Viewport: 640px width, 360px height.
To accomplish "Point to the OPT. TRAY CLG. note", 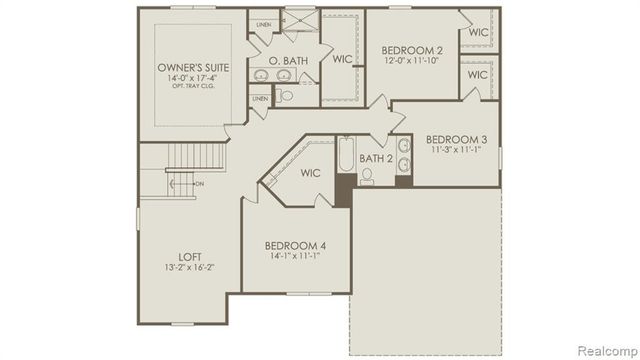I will (194, 87).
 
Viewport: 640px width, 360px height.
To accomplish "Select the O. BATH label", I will (289, 62).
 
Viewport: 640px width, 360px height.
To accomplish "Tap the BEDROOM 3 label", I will (456, 139).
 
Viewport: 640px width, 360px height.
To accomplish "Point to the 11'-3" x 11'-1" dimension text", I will (456, 150).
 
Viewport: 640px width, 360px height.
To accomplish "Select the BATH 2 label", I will (375, 158).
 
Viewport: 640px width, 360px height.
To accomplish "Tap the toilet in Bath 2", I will (367, 178).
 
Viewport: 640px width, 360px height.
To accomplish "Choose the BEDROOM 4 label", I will (295, 246).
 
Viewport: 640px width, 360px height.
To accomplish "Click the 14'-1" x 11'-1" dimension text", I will (295, 257).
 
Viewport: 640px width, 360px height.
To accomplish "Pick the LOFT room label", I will (180, 255).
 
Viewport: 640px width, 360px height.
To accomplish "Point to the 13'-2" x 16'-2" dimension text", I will (180, 267).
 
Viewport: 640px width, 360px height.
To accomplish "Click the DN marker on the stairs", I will (198, 184).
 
